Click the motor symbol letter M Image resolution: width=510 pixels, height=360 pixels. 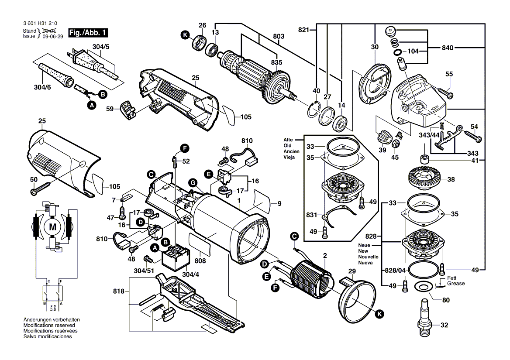click(53, 226)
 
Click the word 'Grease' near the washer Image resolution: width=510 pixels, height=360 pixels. click(455, 284)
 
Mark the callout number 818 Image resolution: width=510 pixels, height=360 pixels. click(119, 291)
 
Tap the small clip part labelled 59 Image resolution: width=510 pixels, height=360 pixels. click(128, 108)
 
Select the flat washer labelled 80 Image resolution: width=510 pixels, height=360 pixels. click(422, 287)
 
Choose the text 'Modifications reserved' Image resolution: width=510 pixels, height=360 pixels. click(49, 326)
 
